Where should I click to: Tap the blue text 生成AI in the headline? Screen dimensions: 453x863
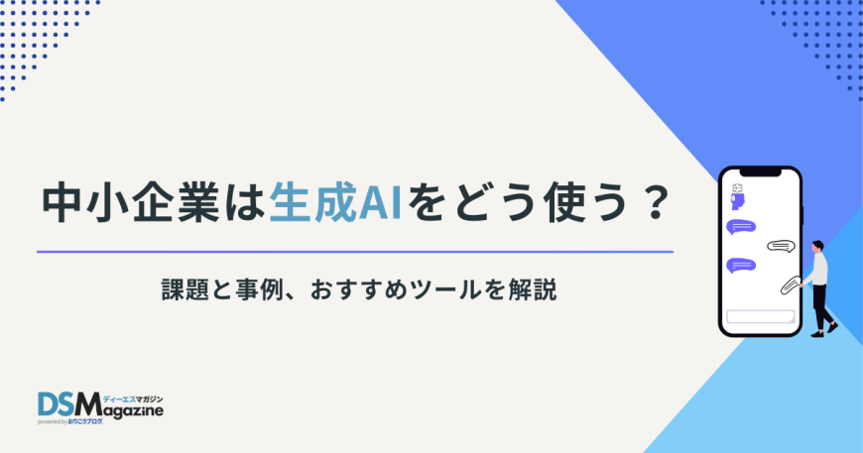332,205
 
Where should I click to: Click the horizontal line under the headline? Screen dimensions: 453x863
354,252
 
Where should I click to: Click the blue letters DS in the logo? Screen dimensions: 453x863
58,404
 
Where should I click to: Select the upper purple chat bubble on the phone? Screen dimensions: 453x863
741,227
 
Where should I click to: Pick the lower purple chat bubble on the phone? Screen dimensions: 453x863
741,265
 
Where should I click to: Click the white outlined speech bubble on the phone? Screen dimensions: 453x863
782,246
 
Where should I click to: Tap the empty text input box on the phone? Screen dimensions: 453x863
761,316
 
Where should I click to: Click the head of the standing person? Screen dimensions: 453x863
817,245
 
